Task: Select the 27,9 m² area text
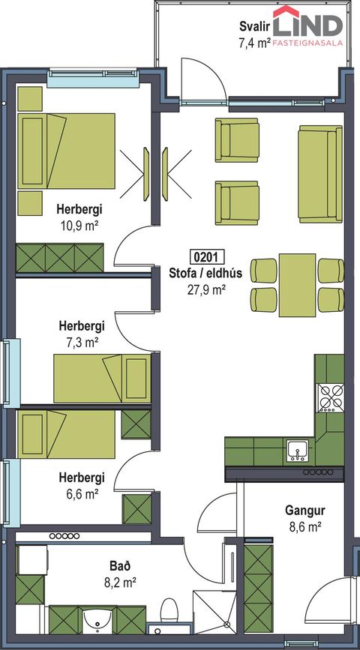tap(206, 289)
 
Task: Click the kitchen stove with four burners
tap(331, 397)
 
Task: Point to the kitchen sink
tap(297, 451)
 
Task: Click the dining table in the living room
tap(297, 285)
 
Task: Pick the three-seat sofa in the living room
tap(319, 174)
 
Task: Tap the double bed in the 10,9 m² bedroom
tap(66, 151)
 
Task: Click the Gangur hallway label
tap(304, 511)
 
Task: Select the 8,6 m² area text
tap(304, 527)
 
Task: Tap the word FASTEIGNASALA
tap(307, 42)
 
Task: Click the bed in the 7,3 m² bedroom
tap(102, 378)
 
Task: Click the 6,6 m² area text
tap(82, 494)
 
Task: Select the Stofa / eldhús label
tap(205, 273)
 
